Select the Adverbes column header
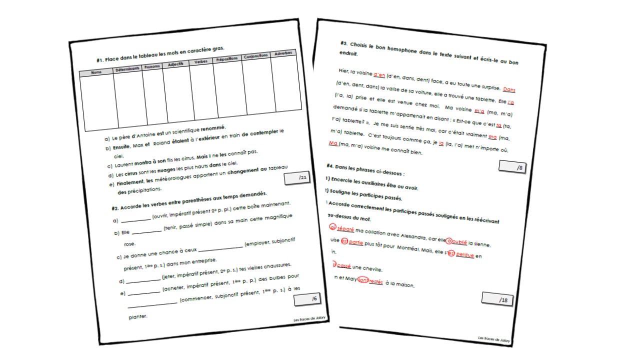(283, 53)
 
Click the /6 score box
(308, 300)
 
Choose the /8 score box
(511, 168)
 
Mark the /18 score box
(497, 299)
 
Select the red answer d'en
(379, 74)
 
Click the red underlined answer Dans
(508, 89)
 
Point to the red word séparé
(345, 229)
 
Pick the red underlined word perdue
(465, 255)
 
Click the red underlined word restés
(375, 282)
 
